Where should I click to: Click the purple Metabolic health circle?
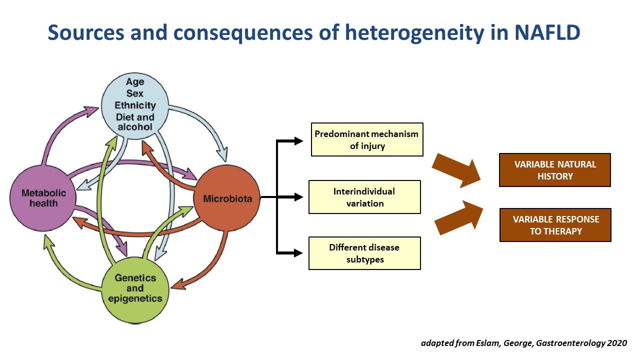[43, 198]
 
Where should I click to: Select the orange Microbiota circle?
[227, 198]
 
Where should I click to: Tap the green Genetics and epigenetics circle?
[135, 290]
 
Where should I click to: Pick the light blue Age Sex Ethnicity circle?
[135, 105]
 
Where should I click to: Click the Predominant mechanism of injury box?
[367, 139]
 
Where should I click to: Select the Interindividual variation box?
[364, 197]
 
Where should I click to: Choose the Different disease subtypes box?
[364, 253]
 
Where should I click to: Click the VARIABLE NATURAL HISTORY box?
[555, 170]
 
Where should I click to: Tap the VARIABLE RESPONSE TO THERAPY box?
[555, 225]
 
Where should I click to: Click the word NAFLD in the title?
[547, 32]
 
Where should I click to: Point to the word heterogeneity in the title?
[414, 33]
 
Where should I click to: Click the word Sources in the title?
[86, 32]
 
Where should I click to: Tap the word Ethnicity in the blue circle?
[135, 105]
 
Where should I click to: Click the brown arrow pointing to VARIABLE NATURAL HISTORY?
[456, 171]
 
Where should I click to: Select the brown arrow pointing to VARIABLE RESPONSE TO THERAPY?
[458, 217]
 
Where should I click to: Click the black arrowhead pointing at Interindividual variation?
[298, 197]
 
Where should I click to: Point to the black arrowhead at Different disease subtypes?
[298, 253]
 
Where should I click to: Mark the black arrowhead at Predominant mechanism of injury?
[298, 141]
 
